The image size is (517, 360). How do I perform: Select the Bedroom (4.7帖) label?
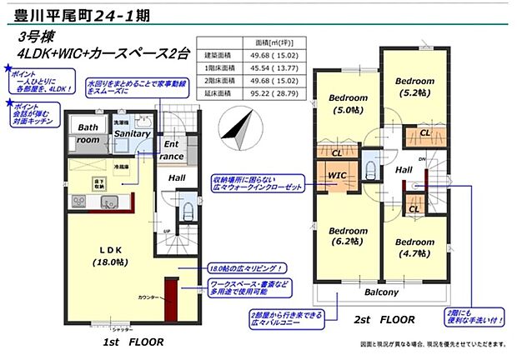point(414,248)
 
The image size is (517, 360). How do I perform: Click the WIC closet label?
point(338,176)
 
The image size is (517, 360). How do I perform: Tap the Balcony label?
point(382,292)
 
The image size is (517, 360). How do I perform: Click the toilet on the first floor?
point(187,208)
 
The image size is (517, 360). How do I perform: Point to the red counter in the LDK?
point(170,297)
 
